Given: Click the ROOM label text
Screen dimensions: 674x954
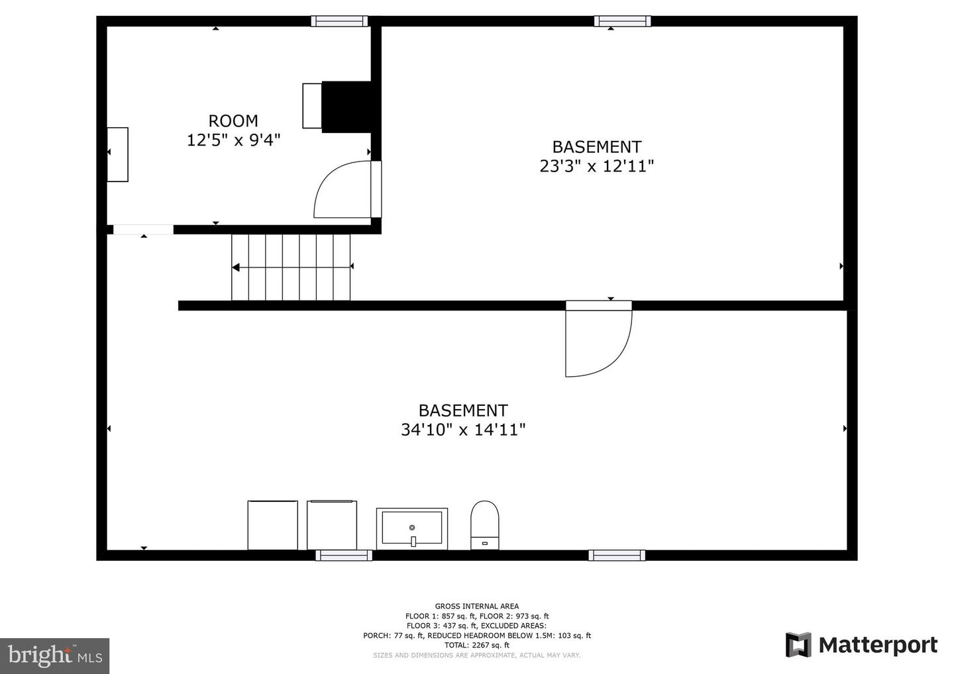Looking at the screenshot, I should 233,121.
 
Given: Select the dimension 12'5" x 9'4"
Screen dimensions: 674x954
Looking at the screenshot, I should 233,140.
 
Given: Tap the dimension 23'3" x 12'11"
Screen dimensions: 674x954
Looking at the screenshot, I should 596,166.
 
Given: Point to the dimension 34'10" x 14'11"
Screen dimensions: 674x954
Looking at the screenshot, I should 462,430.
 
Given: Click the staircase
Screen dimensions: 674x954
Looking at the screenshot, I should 291,267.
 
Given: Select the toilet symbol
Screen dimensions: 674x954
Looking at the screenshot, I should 484,525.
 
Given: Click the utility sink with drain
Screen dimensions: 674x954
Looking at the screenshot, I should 411,528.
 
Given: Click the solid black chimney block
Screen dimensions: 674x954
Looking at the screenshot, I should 346,107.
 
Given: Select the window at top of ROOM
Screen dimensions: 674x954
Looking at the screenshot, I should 339,21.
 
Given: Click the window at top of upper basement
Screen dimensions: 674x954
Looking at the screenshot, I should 622,21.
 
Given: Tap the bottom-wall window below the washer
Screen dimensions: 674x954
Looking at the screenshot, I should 343,555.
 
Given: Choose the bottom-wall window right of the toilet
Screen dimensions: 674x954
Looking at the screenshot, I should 616,555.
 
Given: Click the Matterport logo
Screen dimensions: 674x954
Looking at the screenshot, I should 861,645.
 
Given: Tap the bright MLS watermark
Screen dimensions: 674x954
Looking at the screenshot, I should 54,655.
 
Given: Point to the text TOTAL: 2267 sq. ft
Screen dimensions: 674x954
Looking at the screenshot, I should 476,645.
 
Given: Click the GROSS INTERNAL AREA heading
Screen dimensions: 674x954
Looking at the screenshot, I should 476,606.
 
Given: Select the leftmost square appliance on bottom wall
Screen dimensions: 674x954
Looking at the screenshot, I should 272,525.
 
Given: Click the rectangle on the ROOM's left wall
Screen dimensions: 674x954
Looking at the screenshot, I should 118,154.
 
